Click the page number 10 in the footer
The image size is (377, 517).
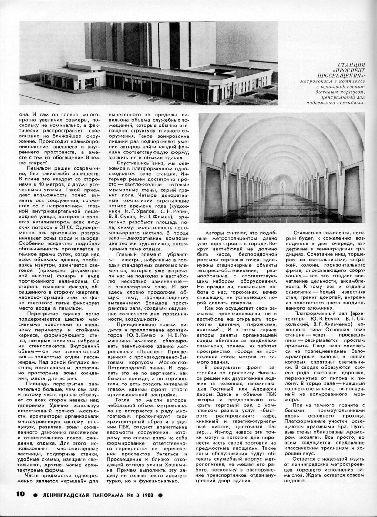20,494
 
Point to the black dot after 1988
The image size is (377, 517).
160,495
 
